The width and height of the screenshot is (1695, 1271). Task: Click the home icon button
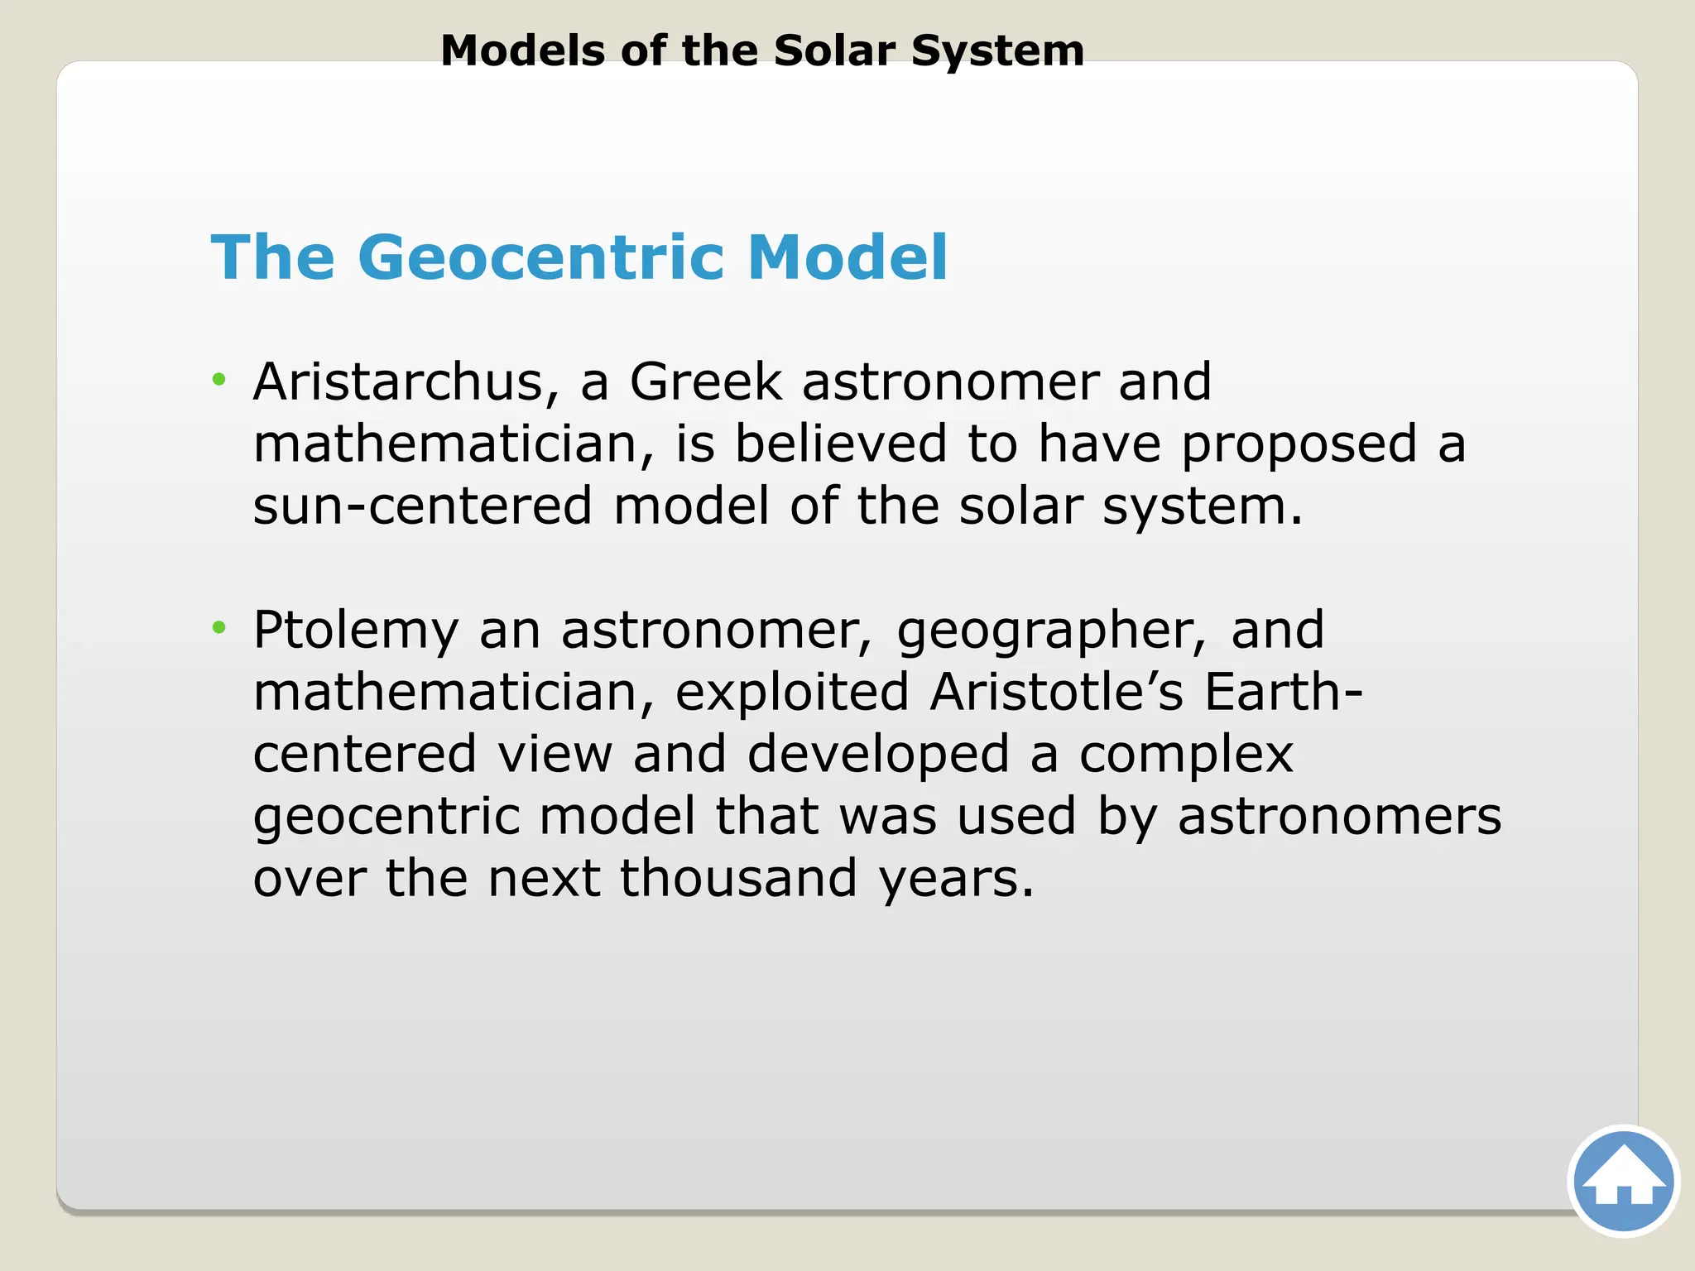pyautogui.click(x=1623, y=1182)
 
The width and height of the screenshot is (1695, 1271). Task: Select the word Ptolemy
pyautogui.click(x=355, y=631)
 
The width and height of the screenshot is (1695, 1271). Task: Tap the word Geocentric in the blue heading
pyautogui.click(x=546, y=257)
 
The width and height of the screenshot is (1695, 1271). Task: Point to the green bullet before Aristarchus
pyautogui.click(x=218, y=380)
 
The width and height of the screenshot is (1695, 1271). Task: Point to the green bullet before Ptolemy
pyautogui.click(x=218, y=628)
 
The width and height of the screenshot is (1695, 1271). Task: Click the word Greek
pyautogui.click(x=705, y=382)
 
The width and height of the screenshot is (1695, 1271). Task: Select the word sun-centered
pyautogui.click(x=422, y=506)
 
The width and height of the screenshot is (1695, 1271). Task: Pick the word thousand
pyautogui.click(x=738, y=878)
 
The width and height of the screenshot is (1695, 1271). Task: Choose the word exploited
pyautogui.click(x=792, y=692)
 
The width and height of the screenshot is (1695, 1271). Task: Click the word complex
pyautogui.click(x=1185, y=755)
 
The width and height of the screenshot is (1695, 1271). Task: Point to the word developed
pyautogui.click(x=877, y=755)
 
